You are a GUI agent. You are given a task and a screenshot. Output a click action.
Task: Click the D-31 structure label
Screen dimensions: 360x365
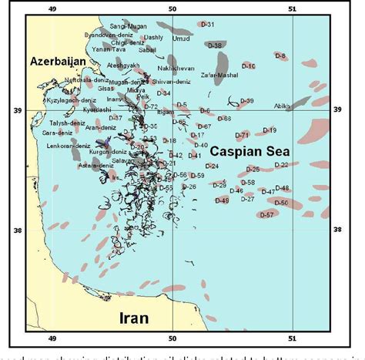[207, 25]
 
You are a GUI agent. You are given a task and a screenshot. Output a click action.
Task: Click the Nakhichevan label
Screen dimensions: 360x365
[176, 68]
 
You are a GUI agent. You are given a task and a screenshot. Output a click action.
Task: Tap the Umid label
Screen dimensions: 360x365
[181, 39]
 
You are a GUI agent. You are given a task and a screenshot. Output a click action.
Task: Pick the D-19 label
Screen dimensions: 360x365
[270, 130]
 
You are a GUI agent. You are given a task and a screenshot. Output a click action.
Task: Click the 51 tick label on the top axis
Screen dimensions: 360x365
[293, 8]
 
